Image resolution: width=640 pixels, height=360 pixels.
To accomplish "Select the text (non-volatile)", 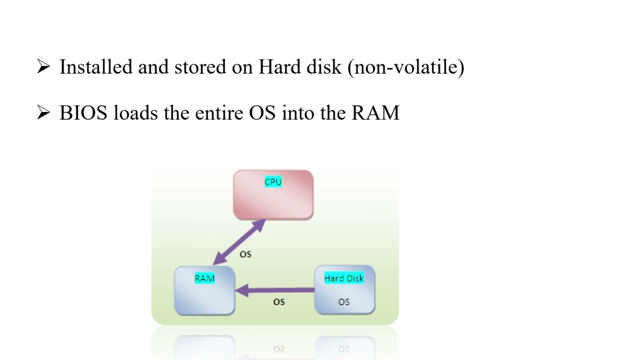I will (x=406, y=67).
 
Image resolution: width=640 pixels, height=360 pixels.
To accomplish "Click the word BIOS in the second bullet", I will (x=83, y=113).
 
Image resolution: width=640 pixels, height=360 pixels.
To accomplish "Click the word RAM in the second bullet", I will (x=375, y=113).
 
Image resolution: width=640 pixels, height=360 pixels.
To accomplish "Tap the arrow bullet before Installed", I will (x=43, y=66).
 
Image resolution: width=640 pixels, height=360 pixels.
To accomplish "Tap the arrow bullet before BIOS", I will (x=43, y=113).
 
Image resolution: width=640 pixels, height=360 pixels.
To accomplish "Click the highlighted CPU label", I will (x=273, y=182).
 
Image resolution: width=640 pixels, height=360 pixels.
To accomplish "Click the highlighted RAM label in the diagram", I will (x=204, y=278).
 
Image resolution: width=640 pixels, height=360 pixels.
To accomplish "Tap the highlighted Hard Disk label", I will (x=344, y=278).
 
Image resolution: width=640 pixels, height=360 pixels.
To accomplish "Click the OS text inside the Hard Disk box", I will (x=344, y=302).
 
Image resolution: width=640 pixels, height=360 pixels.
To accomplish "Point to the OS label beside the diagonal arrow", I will (x=245, y=254).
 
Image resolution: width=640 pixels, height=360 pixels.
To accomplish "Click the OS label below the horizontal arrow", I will (x=279, y=302).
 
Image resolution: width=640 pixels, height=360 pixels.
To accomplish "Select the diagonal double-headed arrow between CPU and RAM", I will (x=239, y=242).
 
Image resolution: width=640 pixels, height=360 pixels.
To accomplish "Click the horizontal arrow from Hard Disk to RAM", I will (x=280, y=290).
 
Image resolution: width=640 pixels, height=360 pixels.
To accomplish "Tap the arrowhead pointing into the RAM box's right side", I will (x=242, y=290).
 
